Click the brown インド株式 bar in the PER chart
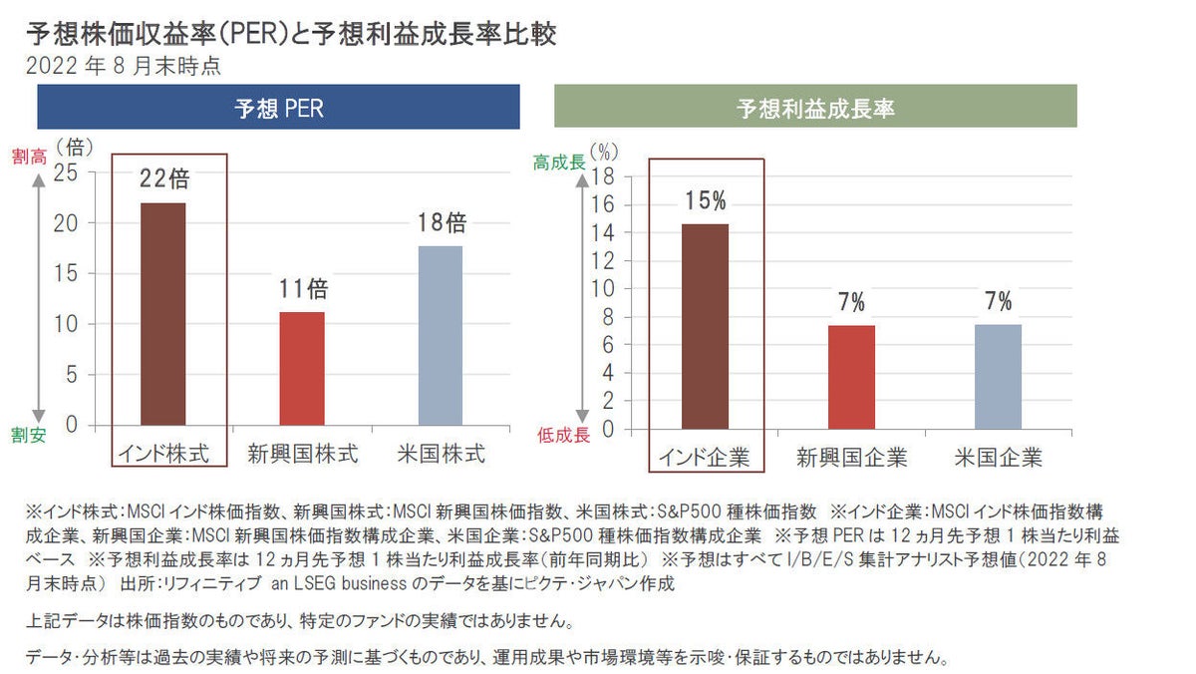tap(163, 314)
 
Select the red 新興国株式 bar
tap(301, 369)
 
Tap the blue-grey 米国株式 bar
tap(440, 335)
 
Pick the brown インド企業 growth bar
tap(706, 327)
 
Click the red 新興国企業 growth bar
tap(850, 377)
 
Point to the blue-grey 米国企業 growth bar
tap(998, 377)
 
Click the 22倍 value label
tap(164, 179)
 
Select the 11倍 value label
tap(303, 289)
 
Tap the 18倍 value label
tap(442, 222)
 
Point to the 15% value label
tap(706, 201)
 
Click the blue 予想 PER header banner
tap(278, 108)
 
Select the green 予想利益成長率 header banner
tap(815, 108)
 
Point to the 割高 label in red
tap(29, 157)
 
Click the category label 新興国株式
tap(302, 455)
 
